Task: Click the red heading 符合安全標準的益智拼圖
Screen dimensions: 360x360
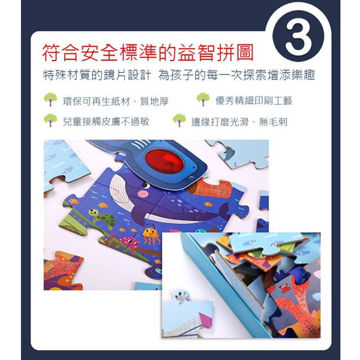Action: pos(148,53)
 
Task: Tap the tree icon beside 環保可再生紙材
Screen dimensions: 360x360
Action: pos(50,100)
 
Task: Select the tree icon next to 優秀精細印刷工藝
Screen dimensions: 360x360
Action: pos(203,99)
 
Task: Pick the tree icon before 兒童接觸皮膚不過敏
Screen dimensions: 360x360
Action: pos(50,121)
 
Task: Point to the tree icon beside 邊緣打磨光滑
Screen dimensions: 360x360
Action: pos(179,121)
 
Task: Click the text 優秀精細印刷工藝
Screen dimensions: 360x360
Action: pos(254,101)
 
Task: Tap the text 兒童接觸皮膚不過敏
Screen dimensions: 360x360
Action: pos(106,122)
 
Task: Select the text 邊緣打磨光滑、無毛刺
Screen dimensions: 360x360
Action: pos(239,122)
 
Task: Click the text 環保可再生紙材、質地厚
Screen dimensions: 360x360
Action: pos(116,101)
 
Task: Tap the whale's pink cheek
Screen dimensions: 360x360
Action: pos(143,194)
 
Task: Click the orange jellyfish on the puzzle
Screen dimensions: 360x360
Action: pos(151,235)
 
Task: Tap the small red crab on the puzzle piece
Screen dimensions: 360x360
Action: pos(286,288)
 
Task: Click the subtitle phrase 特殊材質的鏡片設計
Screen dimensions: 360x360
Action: pos(97,76)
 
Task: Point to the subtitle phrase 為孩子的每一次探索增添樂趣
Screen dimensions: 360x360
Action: pos(236,76)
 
